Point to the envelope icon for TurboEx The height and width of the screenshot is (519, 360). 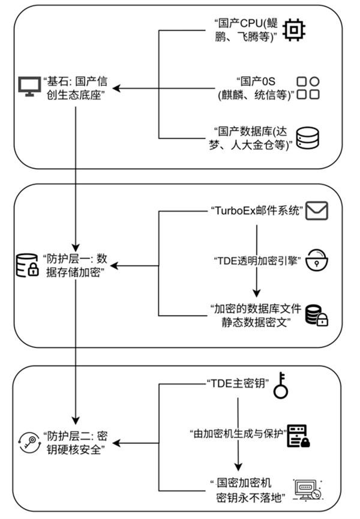(x=318, y=211)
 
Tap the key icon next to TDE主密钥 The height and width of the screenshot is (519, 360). (x=281, y=388)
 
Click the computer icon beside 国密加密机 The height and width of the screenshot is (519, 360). (x=307, y=488)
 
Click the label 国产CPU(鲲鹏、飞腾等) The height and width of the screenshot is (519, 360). (x=244, y=30)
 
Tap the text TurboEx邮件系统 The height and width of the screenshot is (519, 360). (x=256, y=211)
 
